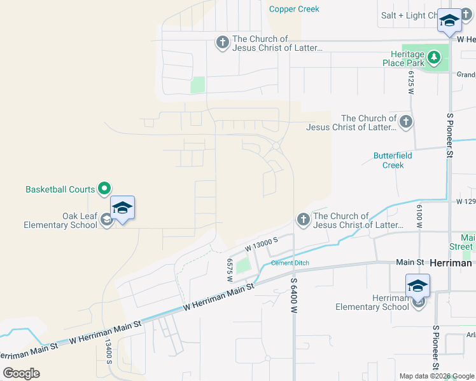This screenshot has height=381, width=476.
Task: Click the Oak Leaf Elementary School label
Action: point(60,220)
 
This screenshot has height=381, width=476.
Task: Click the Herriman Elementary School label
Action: point(372,302)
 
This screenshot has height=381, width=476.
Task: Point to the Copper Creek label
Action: point(294,9)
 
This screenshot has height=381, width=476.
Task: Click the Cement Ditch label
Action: point(290,263)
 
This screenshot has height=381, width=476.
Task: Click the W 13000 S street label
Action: point(262,244)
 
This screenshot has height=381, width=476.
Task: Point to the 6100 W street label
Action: point(419,217)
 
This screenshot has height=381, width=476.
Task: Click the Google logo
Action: point(21,373)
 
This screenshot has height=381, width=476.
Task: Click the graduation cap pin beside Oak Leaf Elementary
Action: point(122,208)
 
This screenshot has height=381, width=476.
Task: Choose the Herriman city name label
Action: point(450,262)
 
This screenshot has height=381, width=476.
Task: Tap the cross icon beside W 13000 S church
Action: point(303,220)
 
